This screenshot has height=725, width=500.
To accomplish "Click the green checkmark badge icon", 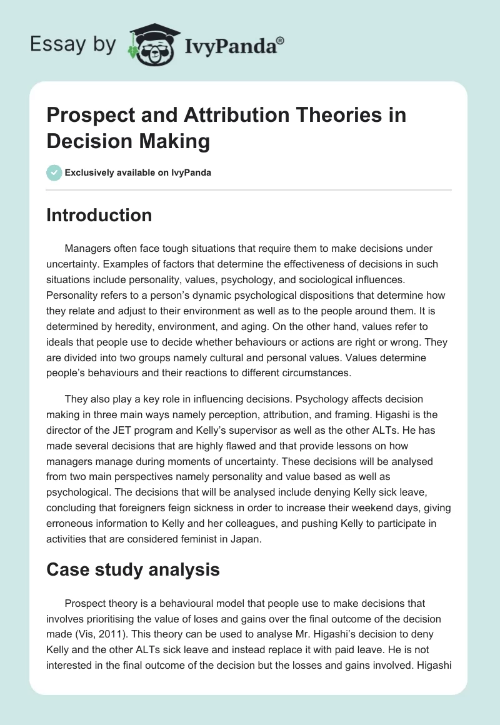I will click(x=54, y=172).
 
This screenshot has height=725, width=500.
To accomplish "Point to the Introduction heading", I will click(x=99, y=215).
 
